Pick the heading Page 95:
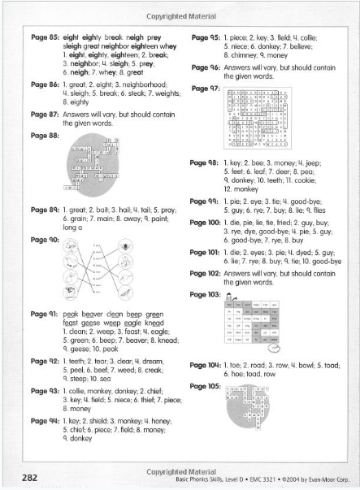pos(205,37)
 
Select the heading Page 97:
pos(205,87)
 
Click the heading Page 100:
pos(206,222)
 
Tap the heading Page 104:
pos(206,366)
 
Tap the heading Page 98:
pos(205,163)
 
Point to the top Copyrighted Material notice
pos(180,15)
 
